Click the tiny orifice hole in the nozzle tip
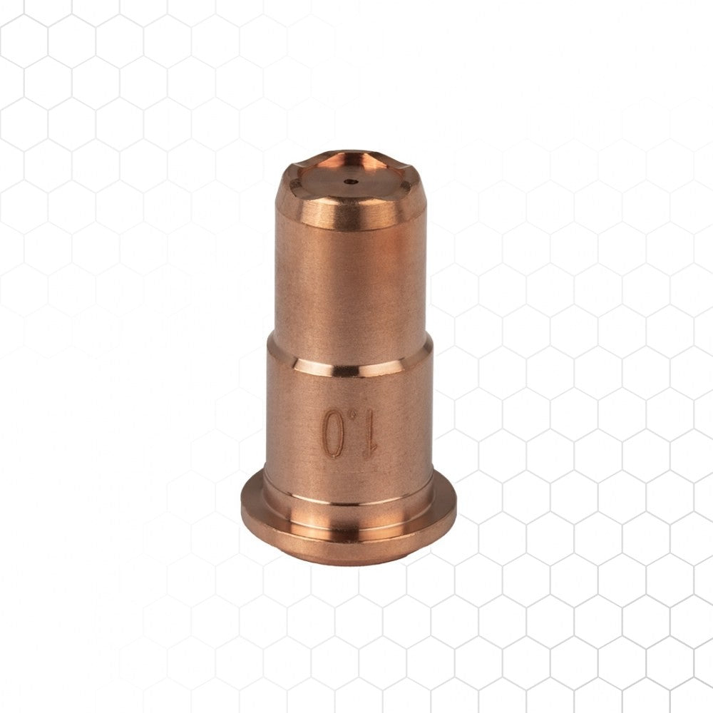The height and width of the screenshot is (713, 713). pos(351,182)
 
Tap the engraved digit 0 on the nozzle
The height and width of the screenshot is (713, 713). pos(333,433)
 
